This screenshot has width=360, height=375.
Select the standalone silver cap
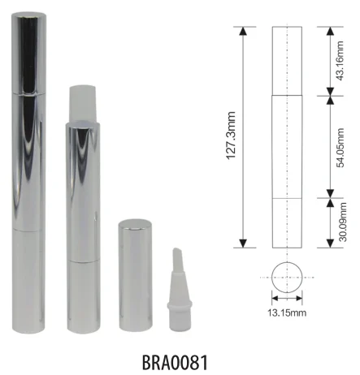[134, 274]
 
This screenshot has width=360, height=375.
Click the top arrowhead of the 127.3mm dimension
[243, 30]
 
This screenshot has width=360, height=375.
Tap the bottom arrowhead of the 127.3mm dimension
[243, 244]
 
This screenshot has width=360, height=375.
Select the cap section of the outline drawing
[285, 61]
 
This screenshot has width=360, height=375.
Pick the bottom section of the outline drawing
[285, 222]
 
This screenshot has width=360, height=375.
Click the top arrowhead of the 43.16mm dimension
[329, 30]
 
